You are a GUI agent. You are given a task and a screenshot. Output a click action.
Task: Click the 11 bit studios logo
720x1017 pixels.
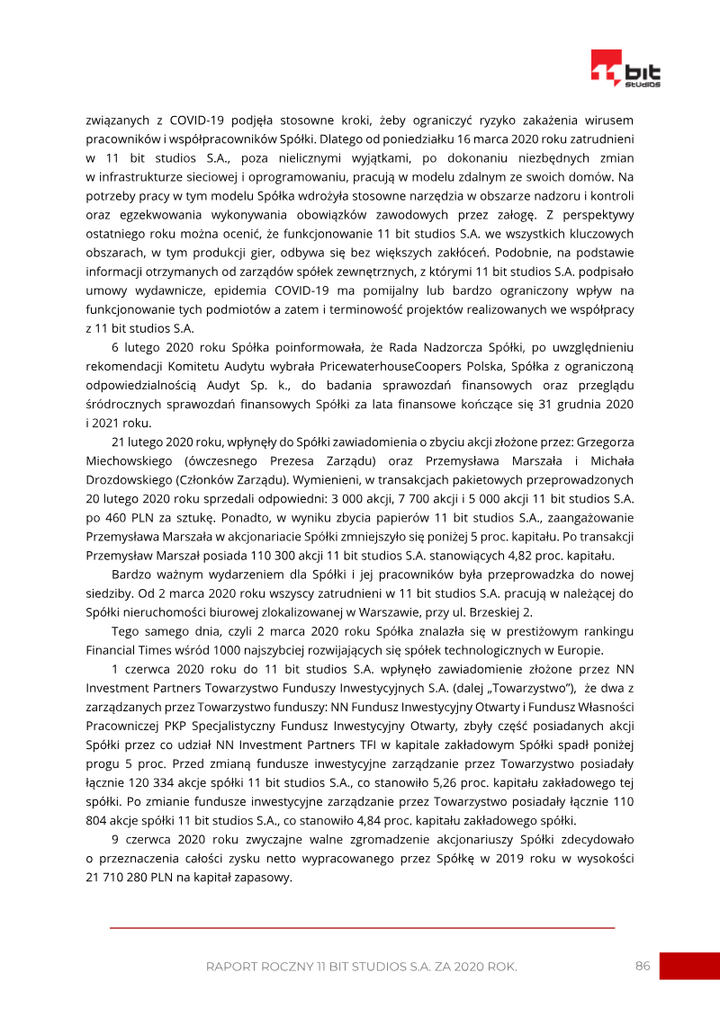pyautogui.click(x=625, y=69)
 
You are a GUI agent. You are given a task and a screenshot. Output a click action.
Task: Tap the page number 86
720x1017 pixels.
pyautogui.click(x=643, y=966)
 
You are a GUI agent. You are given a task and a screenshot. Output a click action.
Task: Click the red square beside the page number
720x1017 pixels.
pyautogui.click(x=689, y=966)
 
